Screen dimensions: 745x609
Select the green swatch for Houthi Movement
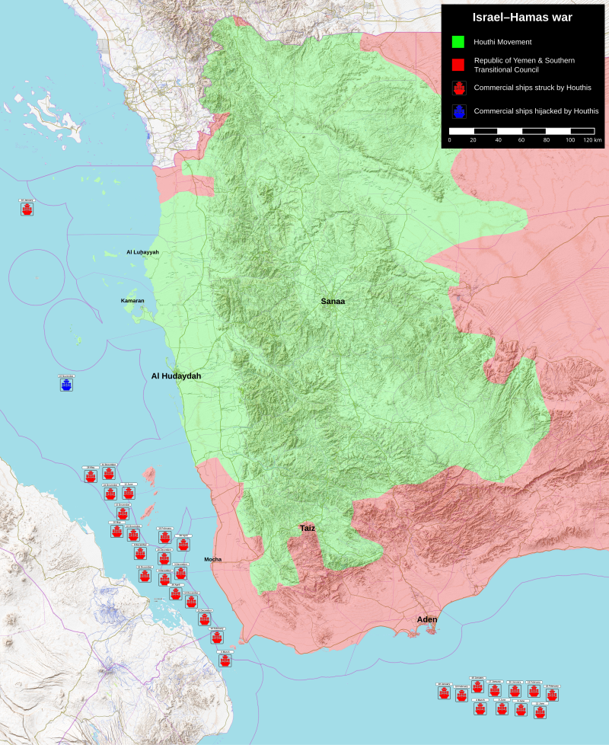458,42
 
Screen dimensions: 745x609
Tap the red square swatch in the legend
458,65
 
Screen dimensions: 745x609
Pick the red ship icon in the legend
458,88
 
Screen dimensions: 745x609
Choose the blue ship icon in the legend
458,111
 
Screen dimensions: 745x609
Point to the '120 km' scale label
592,141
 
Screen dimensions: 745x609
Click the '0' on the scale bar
449,141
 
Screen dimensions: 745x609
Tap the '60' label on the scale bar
521,141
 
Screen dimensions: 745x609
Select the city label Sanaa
333,302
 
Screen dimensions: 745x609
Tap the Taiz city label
307,528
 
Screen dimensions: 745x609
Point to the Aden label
427,619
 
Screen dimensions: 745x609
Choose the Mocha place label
212,559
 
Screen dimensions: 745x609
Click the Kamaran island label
132,301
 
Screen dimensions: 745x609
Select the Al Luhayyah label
142,252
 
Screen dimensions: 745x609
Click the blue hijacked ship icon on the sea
66,385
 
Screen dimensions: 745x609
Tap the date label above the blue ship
66,376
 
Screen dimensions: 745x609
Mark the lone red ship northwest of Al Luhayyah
27,208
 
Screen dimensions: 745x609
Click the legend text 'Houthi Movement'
502,42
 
